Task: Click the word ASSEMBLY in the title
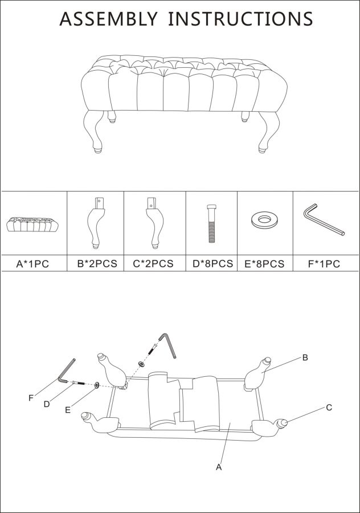(x=108, y=19)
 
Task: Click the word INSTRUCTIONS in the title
(x=240, y=19)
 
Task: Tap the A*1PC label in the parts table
(x=32, y=264)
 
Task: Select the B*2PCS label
(x=97, y=263)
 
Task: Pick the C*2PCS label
(x=153, y=263)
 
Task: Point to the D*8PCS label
(x=212, y=263)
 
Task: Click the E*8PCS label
(x=264, y=264)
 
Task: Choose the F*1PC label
(x=324, y=264)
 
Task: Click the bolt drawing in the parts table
(x=211, y=223)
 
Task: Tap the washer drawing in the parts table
(x=264, y=220)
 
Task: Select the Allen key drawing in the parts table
(x=324, y=219)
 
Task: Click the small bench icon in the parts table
(x=32, y=224)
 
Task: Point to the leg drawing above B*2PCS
(x=96, y=222)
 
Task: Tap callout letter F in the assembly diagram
(x=31, y=398)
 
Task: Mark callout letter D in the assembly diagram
(x=47, y=404)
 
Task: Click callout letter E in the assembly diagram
(x=68, y=410)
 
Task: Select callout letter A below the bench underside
(x=219, y=467)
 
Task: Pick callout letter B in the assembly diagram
(x=305, y=357)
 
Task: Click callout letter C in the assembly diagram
(x=329, y=408)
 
